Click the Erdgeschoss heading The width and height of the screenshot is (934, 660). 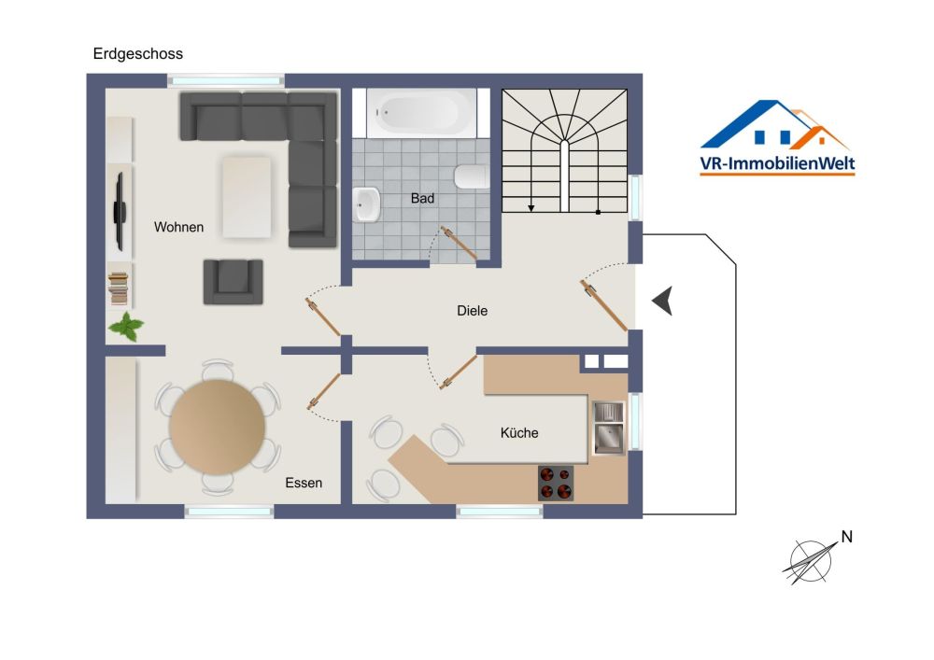click(x=137, y=54)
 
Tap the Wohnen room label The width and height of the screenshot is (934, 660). click(x=178, y=228)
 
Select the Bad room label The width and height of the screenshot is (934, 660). click(x=422, y=199)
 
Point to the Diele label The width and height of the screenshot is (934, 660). click(x=472, y=311)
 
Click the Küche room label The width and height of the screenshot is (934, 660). click(x=519, y=432)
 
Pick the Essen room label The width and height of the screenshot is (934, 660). click(x=304, y=484)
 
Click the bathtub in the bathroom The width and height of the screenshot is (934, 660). click(x=421, y=112)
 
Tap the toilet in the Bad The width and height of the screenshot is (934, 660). click(x=472, y=176)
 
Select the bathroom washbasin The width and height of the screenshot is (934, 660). click(x=366, y=204)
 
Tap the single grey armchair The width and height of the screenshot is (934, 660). click(x=233, y=282)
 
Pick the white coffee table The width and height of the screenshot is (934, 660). click(x=247, y=197)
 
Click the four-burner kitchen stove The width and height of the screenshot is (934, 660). click(x=556, y=483)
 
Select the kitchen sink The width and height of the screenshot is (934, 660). click(x=608, y=428)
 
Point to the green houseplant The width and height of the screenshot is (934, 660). click(x=126, y=326)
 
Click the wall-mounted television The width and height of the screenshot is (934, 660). click(x=120, y=211)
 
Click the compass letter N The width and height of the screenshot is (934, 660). click(x=846, y=537)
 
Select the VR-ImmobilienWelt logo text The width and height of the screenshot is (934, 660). click(x=777, y=163)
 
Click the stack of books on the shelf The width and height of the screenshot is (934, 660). click(x=119, y=288)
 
